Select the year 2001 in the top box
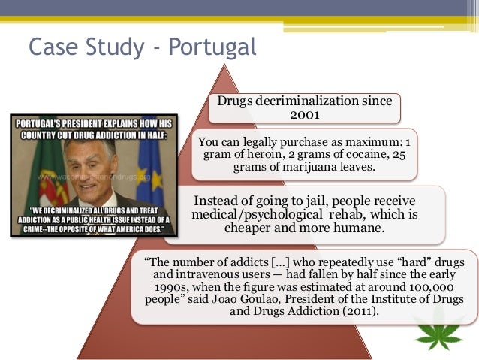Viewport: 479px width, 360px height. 304,115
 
